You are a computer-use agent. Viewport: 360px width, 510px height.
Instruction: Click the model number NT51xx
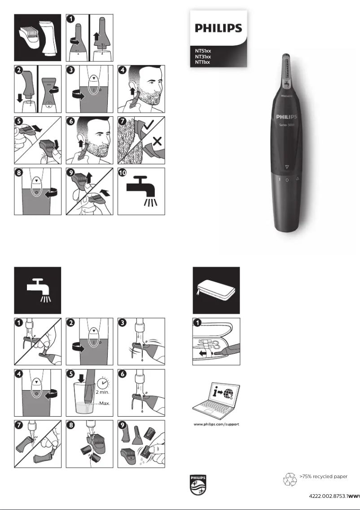point(203,51)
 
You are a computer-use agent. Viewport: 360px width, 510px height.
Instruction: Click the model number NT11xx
point(203,62)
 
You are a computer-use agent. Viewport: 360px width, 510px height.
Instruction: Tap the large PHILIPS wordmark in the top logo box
point(218,28)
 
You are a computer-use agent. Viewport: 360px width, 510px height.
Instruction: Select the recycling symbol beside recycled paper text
point(290,479)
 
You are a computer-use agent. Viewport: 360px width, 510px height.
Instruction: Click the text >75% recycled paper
point(323,476)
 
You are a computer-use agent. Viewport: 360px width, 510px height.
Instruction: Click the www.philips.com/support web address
point(216,424)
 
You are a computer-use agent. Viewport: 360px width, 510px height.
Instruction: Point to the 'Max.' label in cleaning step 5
point(105,403)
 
